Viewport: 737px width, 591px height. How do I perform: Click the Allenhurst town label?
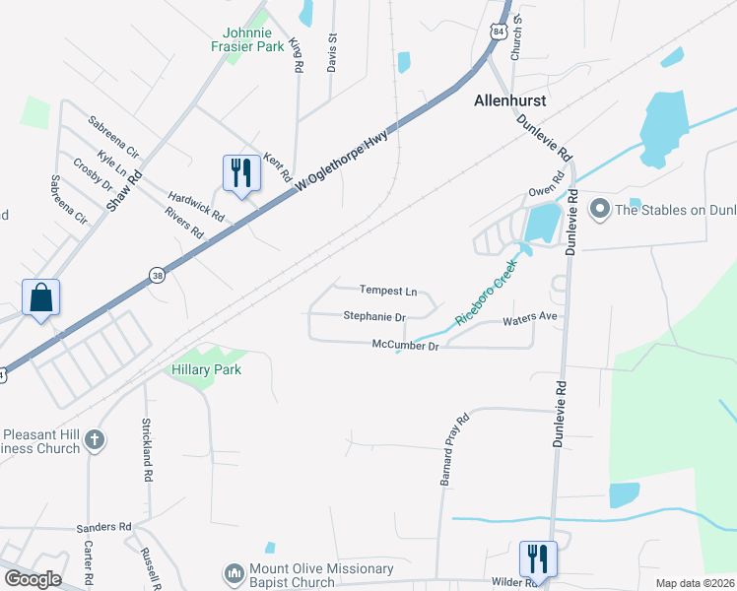pos(510,100)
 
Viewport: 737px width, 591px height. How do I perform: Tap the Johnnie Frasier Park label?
pos(247,39)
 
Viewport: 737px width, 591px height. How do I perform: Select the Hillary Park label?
pos(207,369)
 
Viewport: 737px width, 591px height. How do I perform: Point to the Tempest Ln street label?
pos(388,291)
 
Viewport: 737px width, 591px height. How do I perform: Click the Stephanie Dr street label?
pos(374,317)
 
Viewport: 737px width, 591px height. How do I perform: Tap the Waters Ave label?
pos(530,319)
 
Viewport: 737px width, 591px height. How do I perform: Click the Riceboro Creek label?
pos(486,300)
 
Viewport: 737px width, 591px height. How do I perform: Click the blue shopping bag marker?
pos(40,297)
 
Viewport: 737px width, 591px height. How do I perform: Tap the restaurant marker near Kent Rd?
pos(240,172)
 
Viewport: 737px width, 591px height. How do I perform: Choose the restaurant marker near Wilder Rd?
pos(537,558)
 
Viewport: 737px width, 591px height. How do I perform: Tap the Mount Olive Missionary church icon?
pos(234,572)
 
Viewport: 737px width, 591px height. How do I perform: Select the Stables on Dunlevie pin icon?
pos(598,208)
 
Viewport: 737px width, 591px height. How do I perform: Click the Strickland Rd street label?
pos(147,449)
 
